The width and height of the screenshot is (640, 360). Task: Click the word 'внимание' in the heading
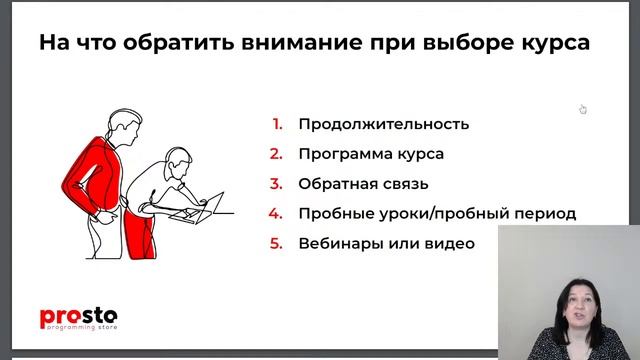pos(305,44)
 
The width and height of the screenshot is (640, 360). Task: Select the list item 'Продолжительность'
pos(383,125)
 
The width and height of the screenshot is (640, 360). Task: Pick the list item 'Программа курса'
pos(370,155)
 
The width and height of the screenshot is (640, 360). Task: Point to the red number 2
pos(277,155)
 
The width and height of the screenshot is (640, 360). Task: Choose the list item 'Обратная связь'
pos(363,184)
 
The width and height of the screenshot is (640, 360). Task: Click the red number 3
pos(277,184)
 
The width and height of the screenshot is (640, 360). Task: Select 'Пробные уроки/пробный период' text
pos(437,214)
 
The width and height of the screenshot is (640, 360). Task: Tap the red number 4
pos(277,214)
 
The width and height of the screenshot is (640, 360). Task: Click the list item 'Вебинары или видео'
pos(386,244)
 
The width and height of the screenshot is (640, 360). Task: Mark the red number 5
pos(277,244)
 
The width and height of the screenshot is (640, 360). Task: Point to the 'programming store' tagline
pos(80,328)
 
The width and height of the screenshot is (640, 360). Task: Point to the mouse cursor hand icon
pos(583,109)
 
